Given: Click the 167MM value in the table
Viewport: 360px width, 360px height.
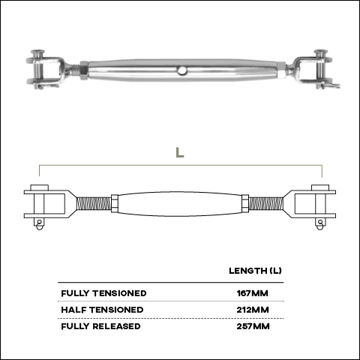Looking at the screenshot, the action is click(x=252, y=293).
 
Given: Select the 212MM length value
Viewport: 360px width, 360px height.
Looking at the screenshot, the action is click(x=253, y=310).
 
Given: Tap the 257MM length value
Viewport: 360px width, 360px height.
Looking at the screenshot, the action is click(x=253, y=326).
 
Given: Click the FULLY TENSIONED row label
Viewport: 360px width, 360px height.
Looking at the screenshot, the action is click(x=103, y=293).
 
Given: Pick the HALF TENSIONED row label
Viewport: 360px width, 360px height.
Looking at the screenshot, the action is click(x=102, y=310).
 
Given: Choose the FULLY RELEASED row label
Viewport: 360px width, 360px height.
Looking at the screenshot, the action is click(x=100, y=326).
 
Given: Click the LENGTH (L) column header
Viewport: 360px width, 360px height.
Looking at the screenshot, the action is click(x=255, y=271).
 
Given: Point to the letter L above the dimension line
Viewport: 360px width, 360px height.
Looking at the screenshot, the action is click(x=180, y=152).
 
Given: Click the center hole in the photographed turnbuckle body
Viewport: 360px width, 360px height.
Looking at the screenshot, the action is click(x=182, y=70).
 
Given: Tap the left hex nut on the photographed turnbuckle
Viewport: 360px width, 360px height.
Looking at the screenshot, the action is click(x=84, y=70).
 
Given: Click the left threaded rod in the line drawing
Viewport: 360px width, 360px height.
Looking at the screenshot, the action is click(x=94, y=203).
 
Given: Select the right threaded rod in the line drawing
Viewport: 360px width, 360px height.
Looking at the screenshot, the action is click(x=266, y=203).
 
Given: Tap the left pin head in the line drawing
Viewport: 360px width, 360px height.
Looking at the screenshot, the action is click(x=39, y=187).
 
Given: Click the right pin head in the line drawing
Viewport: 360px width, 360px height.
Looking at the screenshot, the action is click(x=320, y=187).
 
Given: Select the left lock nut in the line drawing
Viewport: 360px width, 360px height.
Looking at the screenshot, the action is click(x=115, y=203).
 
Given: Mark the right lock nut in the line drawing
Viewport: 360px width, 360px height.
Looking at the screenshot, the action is click(x=245, y=203).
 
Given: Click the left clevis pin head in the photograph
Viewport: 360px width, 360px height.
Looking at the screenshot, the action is click(x=37, y=52).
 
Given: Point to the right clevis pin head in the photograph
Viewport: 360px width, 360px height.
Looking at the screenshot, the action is click(x=321, y=52).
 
